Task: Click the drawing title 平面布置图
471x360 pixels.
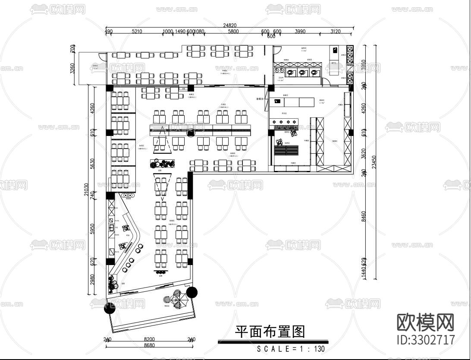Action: coord(270,332)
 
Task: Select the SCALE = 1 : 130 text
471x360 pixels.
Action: coord(291,349)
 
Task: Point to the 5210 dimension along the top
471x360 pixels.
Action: coord(137,32)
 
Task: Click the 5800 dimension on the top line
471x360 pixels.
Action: coord(233,32)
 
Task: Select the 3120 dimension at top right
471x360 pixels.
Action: coord(335,32)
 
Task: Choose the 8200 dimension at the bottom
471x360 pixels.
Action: coord(149,340)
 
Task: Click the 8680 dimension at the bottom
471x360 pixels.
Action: coord(149,345)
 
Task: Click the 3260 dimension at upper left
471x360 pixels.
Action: coord(72,68)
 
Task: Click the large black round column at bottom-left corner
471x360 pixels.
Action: coord(110,307)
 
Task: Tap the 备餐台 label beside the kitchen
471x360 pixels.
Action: coord(260,99)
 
